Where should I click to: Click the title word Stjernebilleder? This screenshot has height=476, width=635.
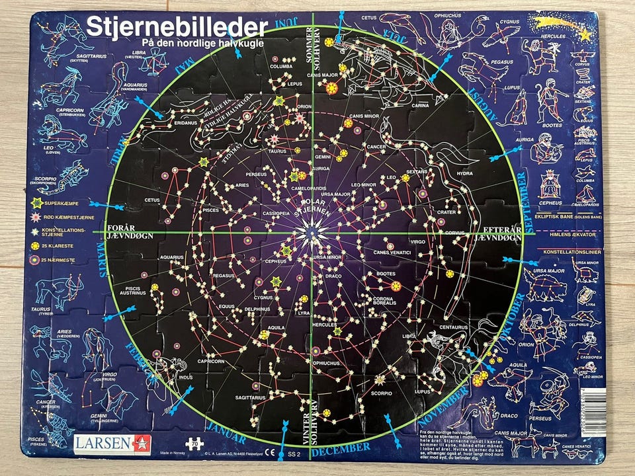click(x=177, y=27)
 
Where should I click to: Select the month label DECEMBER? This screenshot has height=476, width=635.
click(x=341, y=448)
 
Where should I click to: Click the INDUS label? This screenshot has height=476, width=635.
click(x=167, y=377)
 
